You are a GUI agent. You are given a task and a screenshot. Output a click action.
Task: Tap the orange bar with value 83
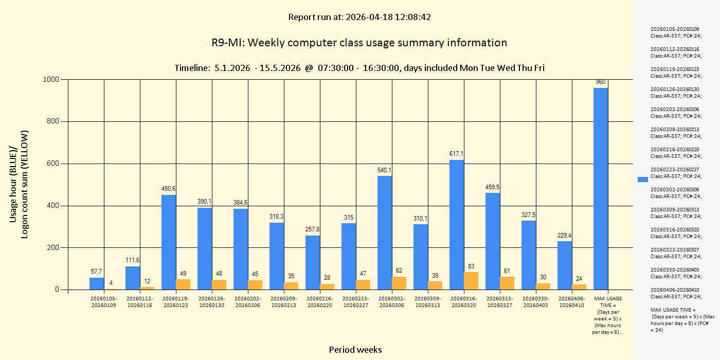[x=471, y=281]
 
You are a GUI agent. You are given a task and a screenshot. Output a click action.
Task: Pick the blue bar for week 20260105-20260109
[x=97, y=283]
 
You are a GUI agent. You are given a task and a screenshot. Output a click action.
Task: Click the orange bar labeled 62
[x=399, y=283]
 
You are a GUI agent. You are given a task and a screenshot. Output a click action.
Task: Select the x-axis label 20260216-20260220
[x=320, y=301]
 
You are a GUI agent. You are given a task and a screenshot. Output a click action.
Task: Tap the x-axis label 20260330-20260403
[x=536, y=301]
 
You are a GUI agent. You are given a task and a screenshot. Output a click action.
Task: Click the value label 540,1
[x=385, y=170]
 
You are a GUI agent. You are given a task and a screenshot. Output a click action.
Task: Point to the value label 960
[x=601, y=82]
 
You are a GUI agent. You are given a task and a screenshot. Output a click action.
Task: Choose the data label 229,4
[x=565, y=236]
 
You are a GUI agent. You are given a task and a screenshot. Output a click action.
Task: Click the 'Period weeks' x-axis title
[x=355, y=350]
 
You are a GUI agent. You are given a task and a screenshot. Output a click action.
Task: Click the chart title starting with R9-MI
[x=359, y=43]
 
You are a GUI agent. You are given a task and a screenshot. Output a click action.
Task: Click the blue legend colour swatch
[x=643, y=179]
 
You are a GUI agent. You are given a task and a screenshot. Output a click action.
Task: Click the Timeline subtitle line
[x=359, y=68]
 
